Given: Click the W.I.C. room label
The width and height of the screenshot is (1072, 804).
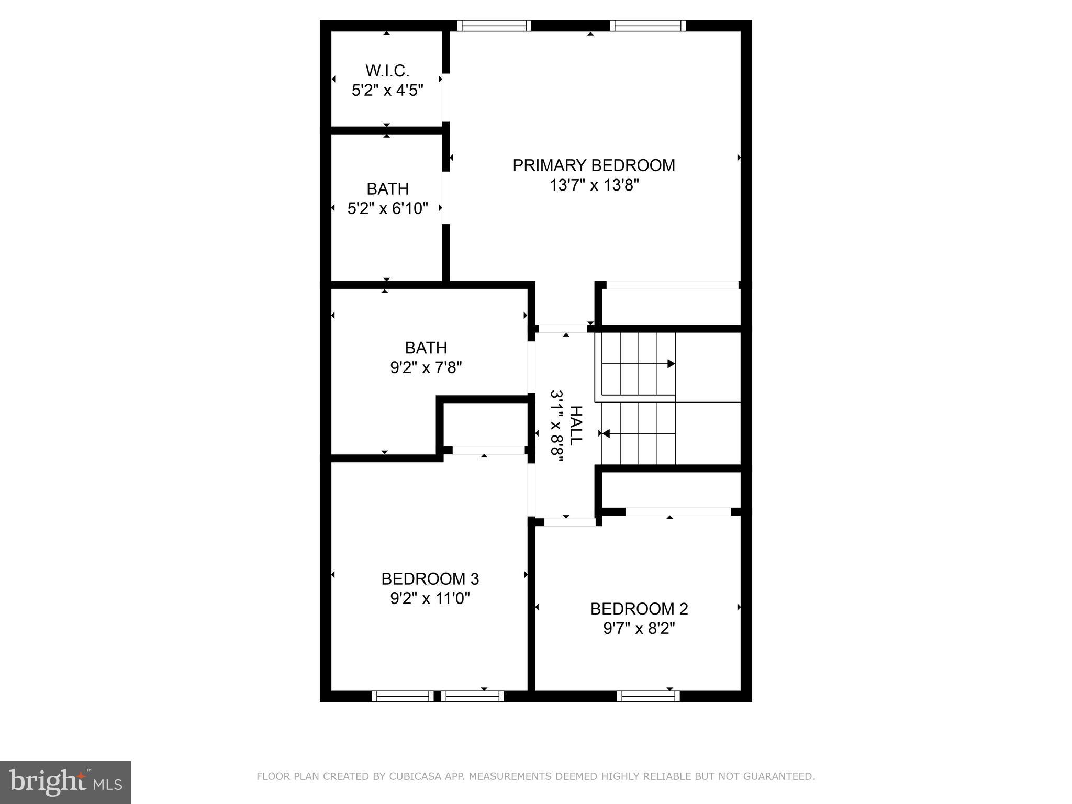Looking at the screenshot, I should pyautogui.click(x=387, y=70).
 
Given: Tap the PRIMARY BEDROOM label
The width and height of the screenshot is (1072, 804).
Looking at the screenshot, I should pyautogui.click(x=594, y=165).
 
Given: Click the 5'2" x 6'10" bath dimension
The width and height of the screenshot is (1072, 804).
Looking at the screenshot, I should pyautogui.click(x=388, y=209).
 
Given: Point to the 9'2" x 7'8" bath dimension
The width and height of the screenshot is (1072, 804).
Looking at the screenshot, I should pyautogui.click(x=426, y=368).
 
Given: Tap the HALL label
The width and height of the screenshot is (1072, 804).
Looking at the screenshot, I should pyautogui.click(x=575, y=426).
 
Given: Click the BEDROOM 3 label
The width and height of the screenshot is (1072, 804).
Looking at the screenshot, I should pyautogui.click(x=430, y=579).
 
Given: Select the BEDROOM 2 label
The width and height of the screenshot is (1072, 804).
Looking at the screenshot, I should pyautogui.click(x=639, y=609).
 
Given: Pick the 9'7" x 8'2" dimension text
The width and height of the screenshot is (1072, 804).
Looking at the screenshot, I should pyautogui.click(x=639, y=629).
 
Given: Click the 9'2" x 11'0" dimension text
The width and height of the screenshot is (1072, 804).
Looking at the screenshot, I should pyautogui.click(x=430, y=598).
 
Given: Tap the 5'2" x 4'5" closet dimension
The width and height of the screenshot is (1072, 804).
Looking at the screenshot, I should pyautogui.click(x=387, y=91).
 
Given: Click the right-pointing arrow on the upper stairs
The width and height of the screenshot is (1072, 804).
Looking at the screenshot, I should pyautogui.click(x=671, y=364).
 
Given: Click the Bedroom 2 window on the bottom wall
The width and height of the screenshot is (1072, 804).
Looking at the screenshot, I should pyautogui.click(x=648, y=696).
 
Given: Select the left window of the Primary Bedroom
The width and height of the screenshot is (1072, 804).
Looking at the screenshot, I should pyautogui.click(x=494, y=26).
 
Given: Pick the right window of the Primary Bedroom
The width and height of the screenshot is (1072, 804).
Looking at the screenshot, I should pyautogui.click(x=647, y=26).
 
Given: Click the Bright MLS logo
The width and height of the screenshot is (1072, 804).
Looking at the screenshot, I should pyautogui.click(x=65, y=782).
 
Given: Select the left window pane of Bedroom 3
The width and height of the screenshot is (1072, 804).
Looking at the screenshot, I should pyautogui.click(x=403, y=696).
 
